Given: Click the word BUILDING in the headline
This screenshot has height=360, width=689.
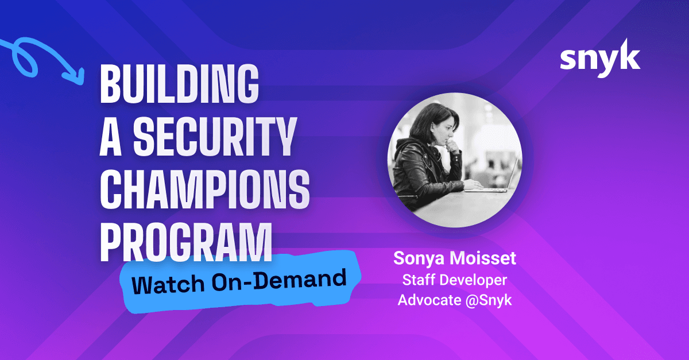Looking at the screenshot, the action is pyautogui.click(x=179, y=84).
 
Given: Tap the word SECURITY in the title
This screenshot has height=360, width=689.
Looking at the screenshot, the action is pyautogui.click(x=215, y=137).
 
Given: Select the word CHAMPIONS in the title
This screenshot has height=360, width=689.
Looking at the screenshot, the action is pyautogui.click(x=204, y=189).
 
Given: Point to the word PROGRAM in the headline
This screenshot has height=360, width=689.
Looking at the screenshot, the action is pyautogui.click(x=186, y=242).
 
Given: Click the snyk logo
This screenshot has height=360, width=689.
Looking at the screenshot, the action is pyautogui.click(x=600, y=58).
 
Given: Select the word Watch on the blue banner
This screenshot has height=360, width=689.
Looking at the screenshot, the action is pyautogui.click(x=168, y=284).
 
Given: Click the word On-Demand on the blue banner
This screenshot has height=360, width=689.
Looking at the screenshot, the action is pyautogui.click(x=279, y=280).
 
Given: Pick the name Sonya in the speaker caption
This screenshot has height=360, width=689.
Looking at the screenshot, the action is pyautogui.click(x=419, y=258).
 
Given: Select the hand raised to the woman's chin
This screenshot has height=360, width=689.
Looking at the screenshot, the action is pyautogui.click(x=453, y=146).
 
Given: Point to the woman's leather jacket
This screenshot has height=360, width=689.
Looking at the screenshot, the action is pyautogui.click(x=424, y=172).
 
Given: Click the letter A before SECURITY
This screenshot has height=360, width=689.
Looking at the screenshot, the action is pyautogui.click(x=110, y=137).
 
